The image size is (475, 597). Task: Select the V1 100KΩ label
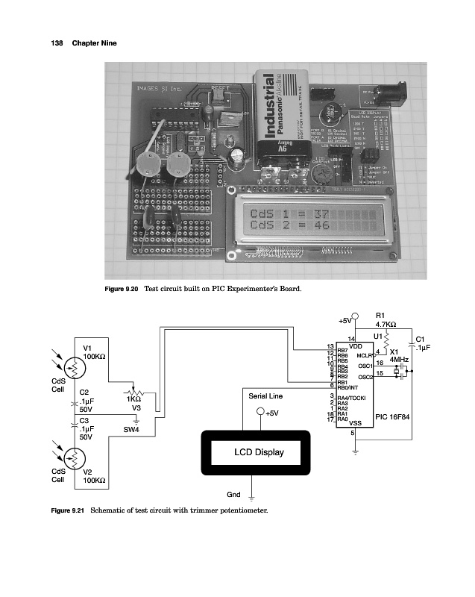tap(94, 352)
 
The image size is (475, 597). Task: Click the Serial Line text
tap(265, 396)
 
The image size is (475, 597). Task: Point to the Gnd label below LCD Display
tap(233, 494)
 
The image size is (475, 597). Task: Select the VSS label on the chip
tap(356, 424)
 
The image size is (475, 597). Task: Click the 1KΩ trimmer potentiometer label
tap(135, 399)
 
